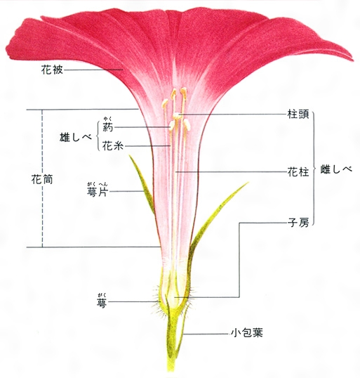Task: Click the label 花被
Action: (x=52, y=70)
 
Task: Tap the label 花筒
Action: (x=42, y=180)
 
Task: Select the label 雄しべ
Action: (x=76, y=138)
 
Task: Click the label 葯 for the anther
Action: (x=107, y=126)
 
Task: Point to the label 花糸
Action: (x=113, y=146)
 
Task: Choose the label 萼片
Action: (x=98, y=192)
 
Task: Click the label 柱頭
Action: (x=298, y=114)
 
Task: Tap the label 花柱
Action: (x=298, y=172)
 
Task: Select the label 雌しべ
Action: (x=336, y=169)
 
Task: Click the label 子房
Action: (x=298, y=222)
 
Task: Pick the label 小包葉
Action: (x=247, y=333)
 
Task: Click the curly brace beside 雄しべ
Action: (x=97, y=136)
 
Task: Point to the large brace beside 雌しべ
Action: (x=314, y=169)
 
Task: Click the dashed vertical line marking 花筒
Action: (x=43, y=178)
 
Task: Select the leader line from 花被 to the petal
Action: (x=93, y=70)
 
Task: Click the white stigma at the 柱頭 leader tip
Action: (x=177, y=116)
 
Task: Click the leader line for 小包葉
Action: (x=206, y=334)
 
